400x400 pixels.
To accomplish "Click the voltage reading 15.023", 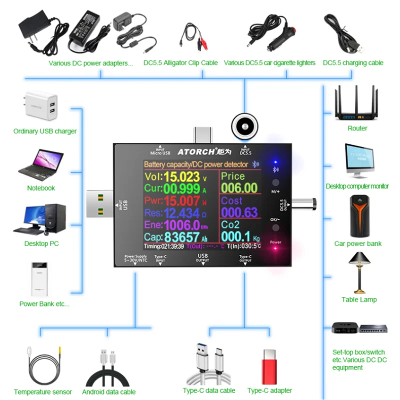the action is pyautogui.click(x=181, y=176).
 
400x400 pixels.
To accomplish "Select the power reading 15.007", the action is pyautogui.click(x=181, y=201).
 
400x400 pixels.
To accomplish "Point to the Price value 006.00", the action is pyautogui.click(x=239, y=188).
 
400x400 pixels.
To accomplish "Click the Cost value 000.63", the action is pyautogui.click(x=239, y=212).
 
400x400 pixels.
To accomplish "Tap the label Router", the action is pyautogui.click(x=357, y=128).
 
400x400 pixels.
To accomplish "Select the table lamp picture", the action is pyautogui.click(x=359, y=272).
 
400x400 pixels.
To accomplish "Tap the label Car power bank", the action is pyautogui.click(x=357, y=244).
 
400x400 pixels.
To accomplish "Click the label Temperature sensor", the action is pyautogui.click(x=43, y=392).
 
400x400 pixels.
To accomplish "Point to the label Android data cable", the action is pyautogui.click(x=108, y=392).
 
